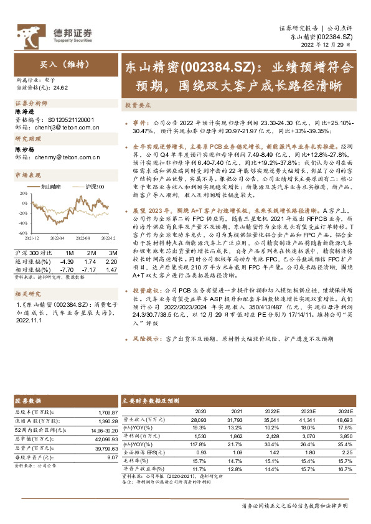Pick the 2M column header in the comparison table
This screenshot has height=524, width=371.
pos(92,253)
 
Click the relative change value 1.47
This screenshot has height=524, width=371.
pos(112,268)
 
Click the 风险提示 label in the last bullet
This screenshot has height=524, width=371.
pos(146,340)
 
